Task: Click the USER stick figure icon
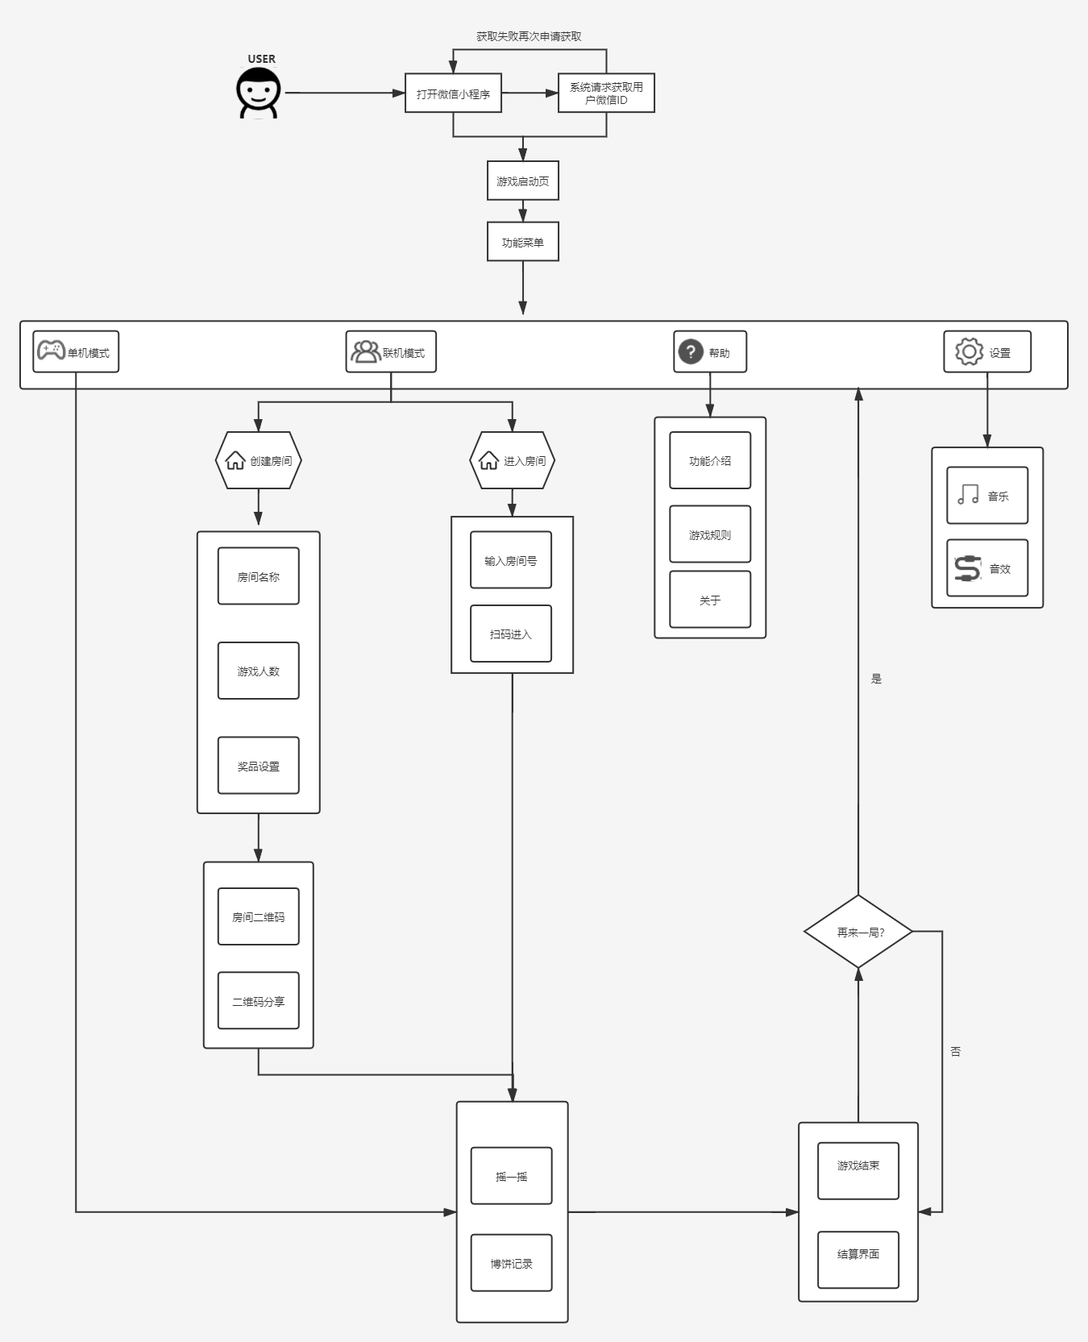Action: point(259,93)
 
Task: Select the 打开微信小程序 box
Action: point(453,93)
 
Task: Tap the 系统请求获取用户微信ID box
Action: point(606,93)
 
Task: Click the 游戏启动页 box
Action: point(522,181)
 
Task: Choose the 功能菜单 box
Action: point(522,242)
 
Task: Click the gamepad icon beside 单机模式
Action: point(51,351)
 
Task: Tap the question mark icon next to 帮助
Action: point(691,351)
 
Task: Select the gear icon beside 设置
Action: point(969,351)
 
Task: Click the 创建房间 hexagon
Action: point(259,460)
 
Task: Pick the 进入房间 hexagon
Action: point(513,460)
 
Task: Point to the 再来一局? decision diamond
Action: point(858,932)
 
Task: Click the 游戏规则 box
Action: point(710,534)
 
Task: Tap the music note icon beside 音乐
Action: point(968,495)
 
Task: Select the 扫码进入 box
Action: point(511,634)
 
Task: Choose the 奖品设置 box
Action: point(259,766)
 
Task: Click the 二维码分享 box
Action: point(259,1001)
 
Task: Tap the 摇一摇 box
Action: point(512,1176)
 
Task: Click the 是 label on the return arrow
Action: point(876,679)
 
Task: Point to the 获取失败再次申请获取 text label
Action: point(529,36)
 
